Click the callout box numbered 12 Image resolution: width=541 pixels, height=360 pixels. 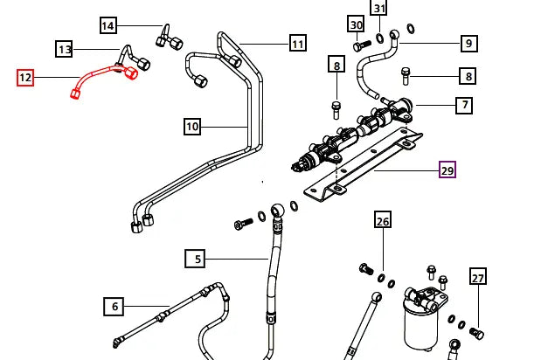click(25, 78)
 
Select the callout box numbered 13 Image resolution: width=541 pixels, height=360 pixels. click(65, 49)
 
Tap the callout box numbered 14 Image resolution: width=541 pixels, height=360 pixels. click(108, 25)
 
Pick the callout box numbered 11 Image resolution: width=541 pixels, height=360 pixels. click(298, 43)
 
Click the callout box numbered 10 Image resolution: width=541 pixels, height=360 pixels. click(192, 127)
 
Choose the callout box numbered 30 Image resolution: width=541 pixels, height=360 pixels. click(356, 24)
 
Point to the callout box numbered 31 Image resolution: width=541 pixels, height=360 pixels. click(378, 9)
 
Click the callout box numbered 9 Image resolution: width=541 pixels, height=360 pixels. click(468, 43)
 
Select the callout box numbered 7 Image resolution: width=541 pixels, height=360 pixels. click(464, 106)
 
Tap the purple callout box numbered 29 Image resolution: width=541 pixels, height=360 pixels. click(447, 170)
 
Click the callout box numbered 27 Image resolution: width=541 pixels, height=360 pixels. click(477, 278)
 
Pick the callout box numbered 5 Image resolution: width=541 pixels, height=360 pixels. click(198, 259)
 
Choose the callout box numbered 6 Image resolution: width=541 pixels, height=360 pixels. click(114, 307)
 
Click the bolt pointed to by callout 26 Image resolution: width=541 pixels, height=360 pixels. click(366, 268)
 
